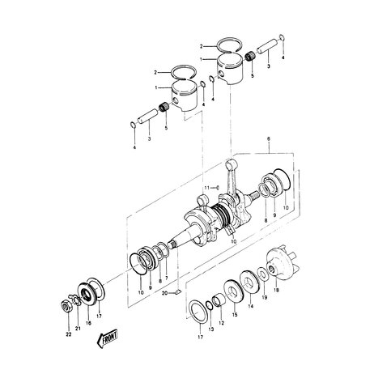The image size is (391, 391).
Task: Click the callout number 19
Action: [x=265, y=300]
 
